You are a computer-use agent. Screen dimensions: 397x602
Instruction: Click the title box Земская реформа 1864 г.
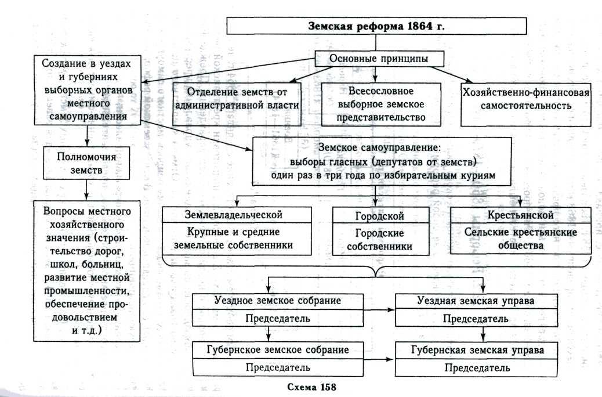pos(376,27)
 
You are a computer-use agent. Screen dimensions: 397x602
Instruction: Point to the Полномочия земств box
pos(86,164)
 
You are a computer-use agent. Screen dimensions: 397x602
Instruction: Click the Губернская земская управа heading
pos(477,351)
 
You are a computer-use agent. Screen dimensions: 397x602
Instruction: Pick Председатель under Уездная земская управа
pos(477,319)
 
